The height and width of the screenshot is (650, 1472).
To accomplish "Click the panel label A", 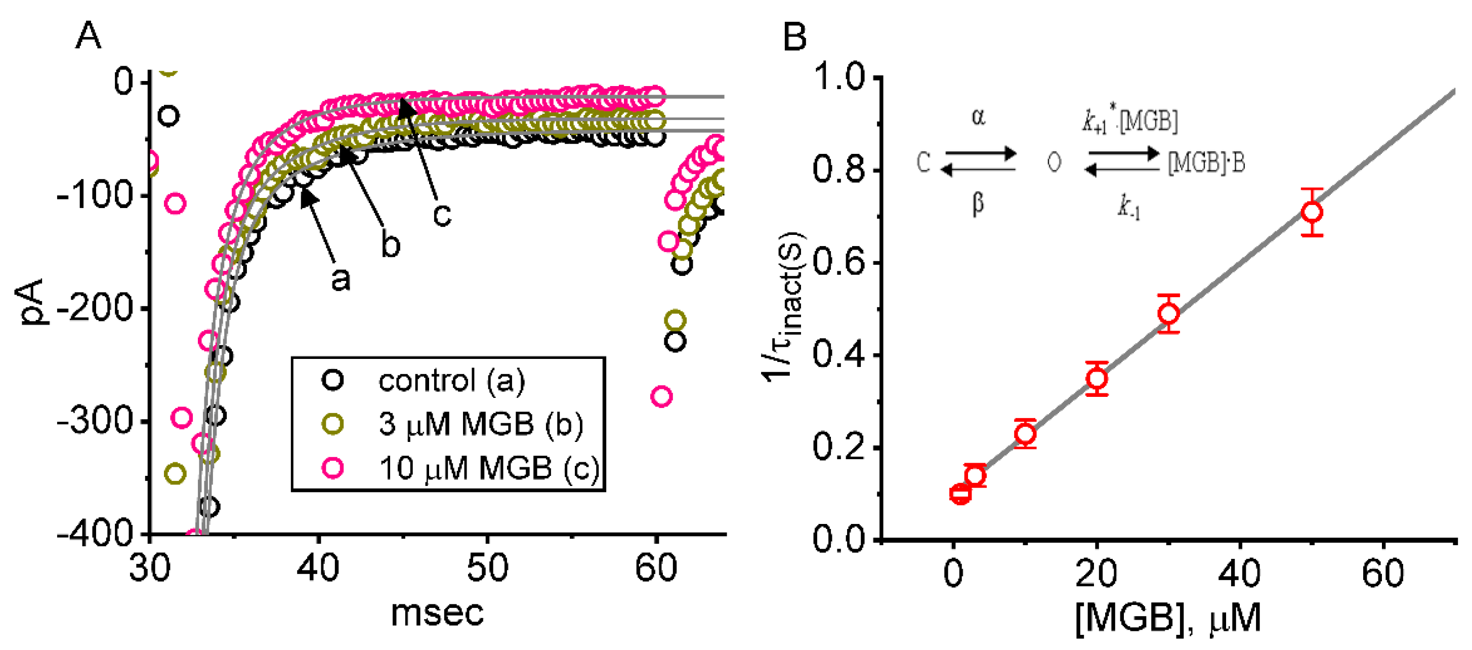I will point(89,36).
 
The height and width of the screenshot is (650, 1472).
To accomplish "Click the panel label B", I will point(794,36).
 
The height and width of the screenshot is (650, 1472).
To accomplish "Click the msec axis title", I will point(437,614).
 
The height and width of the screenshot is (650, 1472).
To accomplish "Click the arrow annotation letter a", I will point(341,279).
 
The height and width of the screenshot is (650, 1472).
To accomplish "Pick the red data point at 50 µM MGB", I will point(1312,213).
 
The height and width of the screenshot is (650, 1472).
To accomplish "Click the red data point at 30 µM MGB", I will point(1168,313).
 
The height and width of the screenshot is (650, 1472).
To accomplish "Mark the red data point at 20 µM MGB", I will point(1097,379).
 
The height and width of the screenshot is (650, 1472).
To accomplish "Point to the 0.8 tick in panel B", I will point(839,170).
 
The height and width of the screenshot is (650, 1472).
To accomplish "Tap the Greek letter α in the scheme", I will point(978,116).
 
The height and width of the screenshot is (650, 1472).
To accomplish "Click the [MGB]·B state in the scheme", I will point(1206,164).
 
